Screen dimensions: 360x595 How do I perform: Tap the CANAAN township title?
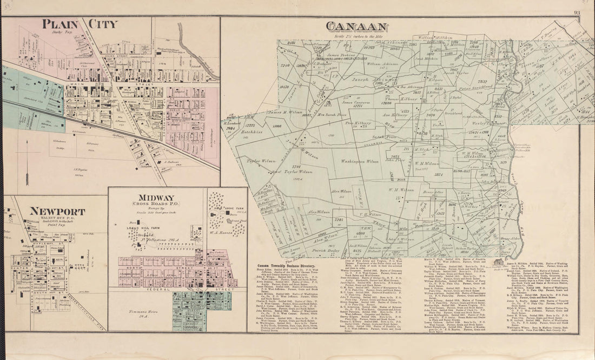pos(356,27)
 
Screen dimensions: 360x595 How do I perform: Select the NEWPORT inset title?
pos(57,211)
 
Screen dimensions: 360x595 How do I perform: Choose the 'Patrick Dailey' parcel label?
pos(326,251)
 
